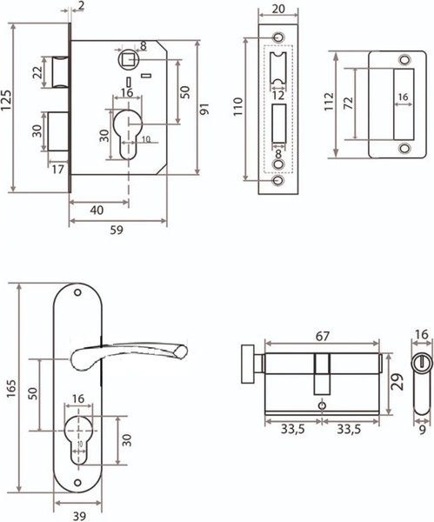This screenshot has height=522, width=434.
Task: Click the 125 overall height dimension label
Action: coord(7,101)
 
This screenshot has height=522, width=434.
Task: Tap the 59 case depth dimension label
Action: coord(117,230)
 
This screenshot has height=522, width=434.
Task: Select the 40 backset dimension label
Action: coord(97,211)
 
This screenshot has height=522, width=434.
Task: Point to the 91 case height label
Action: coord(204,109)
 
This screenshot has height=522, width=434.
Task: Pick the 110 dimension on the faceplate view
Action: coord(238,106)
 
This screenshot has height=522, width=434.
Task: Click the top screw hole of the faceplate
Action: coord(278,37)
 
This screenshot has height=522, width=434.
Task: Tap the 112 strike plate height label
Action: coord(329,102)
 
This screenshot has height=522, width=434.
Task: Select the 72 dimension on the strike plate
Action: coord(348,104)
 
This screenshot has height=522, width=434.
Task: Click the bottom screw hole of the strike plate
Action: coord(404,148)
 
